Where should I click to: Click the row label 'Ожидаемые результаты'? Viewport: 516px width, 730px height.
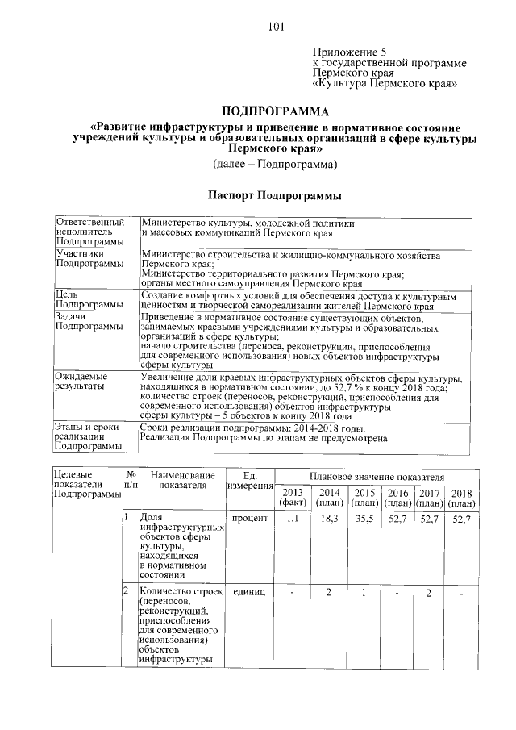tap(81, 382)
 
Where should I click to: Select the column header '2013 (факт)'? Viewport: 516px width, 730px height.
tap(293, 498)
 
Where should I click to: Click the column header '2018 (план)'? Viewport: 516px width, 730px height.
tap(461, 498)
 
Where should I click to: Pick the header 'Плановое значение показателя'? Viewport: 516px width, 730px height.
tap(377, 478)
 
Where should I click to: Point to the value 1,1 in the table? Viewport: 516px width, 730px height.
tap(293, 519)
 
